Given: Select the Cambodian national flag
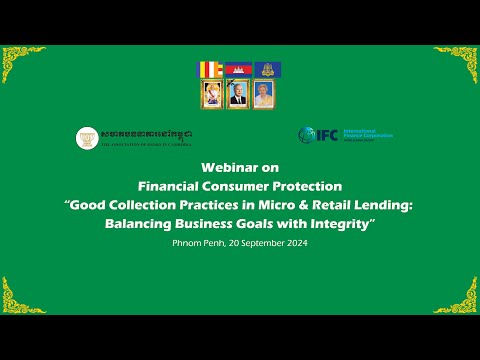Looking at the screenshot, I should coord(238,70).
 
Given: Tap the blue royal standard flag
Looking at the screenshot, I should coord(265,70).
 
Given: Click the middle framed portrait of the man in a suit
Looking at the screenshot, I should coord(238,94).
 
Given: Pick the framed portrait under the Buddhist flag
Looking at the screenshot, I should coord(211,94).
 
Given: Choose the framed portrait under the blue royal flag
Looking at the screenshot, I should coord(265,94).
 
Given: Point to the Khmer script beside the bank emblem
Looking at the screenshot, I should coord(146,133).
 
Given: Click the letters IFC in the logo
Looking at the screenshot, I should coord(327,134).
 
